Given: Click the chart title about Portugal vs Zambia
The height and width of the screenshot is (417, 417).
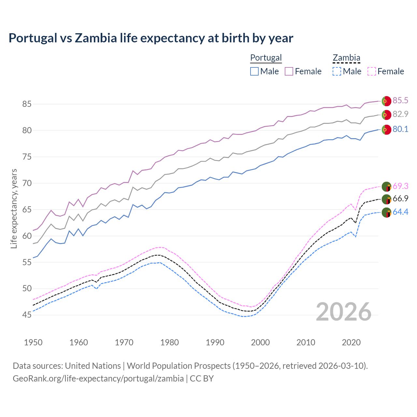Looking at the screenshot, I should coord(151,38).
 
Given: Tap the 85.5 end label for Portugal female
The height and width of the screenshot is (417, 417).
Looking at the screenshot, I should coord(400,100).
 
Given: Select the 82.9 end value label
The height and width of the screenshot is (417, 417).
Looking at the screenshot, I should coord(400,114).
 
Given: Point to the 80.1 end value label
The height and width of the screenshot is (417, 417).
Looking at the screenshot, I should coord(400,129).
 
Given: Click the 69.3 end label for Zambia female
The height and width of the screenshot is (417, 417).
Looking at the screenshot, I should coord(400,186).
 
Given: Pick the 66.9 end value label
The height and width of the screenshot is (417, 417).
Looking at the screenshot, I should coord(400,198).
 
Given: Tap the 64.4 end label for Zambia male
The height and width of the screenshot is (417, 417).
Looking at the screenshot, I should coord(400,212).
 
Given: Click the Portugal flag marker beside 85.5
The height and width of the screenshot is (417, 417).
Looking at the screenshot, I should coord(386,101).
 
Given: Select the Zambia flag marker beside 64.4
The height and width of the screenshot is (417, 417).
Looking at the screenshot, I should coord(386,212).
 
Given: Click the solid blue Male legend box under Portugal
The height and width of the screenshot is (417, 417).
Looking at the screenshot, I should coord(254,71).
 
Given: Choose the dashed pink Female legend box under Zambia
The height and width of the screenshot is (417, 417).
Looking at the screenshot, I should coord(372,71).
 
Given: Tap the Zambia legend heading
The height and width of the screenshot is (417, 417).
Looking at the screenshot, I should coord(346,58).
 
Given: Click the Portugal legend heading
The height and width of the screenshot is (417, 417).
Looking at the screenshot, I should coord(266,58).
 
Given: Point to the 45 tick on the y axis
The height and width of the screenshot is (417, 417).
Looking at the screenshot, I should coord(27,315).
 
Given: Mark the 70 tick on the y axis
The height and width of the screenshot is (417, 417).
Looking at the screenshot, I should coord(27,183).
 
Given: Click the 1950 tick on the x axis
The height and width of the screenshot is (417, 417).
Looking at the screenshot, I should coord(33,342).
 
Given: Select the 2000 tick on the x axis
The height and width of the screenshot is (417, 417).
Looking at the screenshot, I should coord(260,342).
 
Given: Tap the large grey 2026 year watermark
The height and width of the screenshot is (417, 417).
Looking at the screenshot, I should coord(344,312).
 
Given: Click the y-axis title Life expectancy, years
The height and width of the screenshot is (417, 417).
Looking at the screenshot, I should coord(14,208).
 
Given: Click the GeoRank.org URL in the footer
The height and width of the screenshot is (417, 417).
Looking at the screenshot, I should coord(98,379).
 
